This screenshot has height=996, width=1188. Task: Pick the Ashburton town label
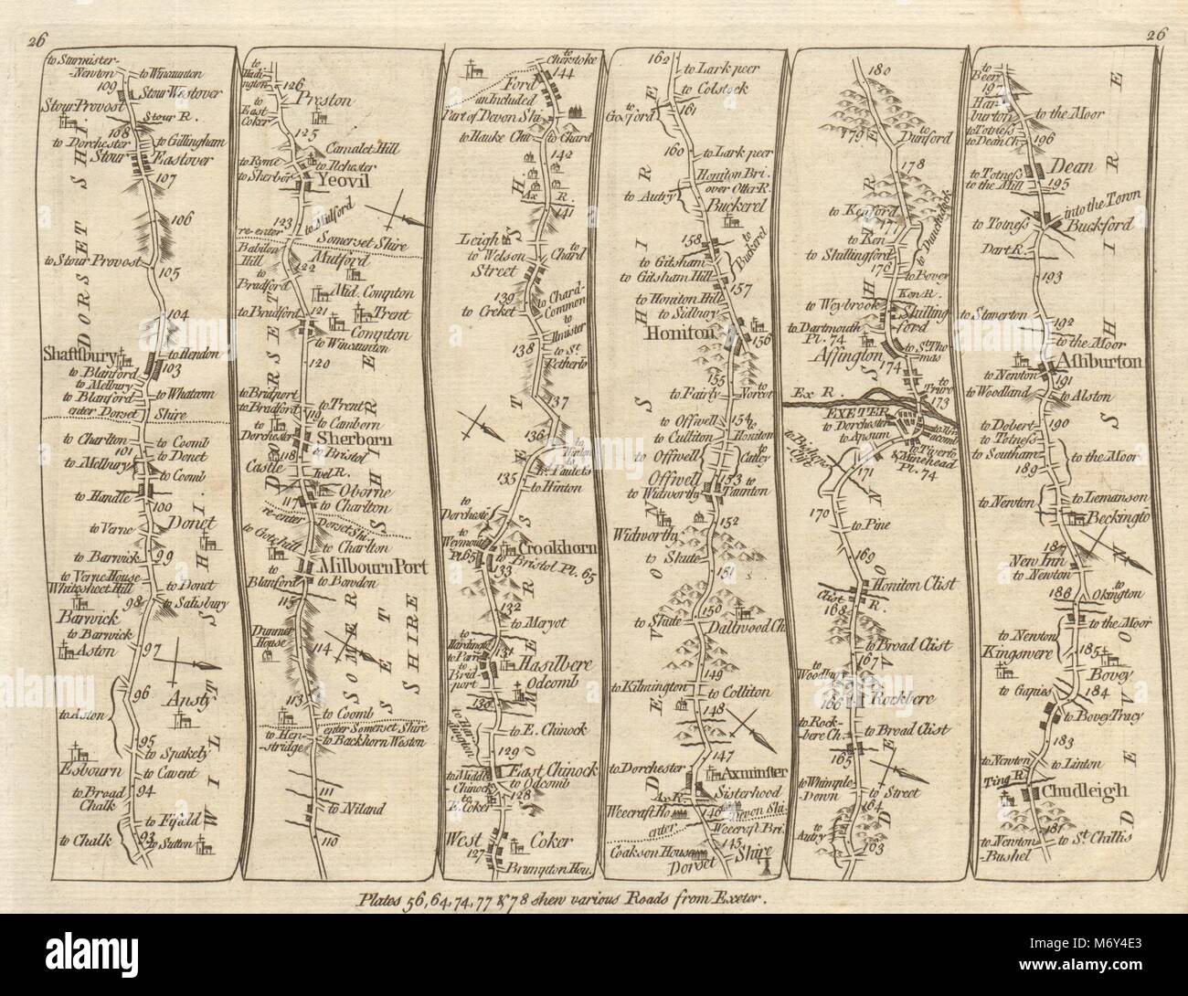1109,362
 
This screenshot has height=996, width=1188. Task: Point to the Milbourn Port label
355,567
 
